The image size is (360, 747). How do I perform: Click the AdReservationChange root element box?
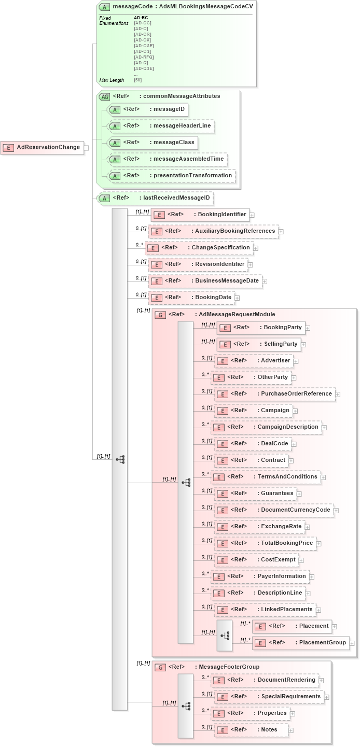[x=43, y=147]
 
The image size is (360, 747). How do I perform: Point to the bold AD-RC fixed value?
[x=141, y=18]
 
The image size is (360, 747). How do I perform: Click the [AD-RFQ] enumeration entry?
[x=144, y=57]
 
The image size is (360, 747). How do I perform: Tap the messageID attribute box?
[x=147, y=109]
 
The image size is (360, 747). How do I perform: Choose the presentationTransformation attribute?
[x=171, y=176]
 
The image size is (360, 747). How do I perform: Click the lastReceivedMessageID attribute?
[x=155, y=198]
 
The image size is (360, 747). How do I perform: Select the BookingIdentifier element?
[x=200, y=215]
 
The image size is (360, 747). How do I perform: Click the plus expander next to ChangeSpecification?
[x=256, y=248]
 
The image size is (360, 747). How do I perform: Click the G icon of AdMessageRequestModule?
[x=160, y=315]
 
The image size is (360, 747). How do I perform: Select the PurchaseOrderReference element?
[x=274, y=394]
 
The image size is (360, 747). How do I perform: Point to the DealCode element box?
[x=253, y=444]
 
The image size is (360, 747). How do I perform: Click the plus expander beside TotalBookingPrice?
[x=319, y=544]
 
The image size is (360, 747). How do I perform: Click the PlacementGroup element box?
[x=300, y=643]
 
